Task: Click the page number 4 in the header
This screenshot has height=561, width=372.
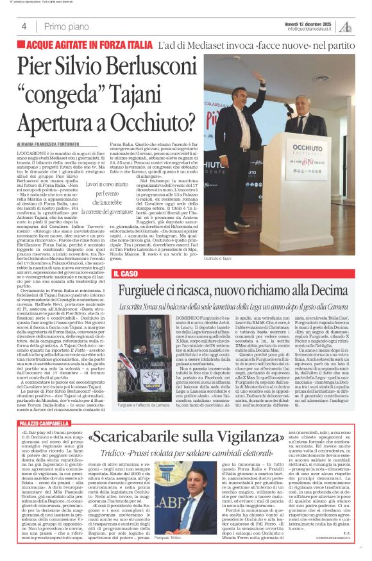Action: point(24,26)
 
